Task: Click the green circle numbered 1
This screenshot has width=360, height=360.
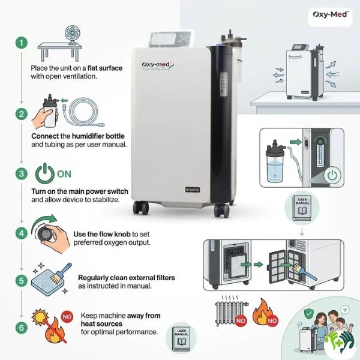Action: [x=22, y=43]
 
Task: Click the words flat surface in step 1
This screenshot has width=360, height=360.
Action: [x=103, y=68]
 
